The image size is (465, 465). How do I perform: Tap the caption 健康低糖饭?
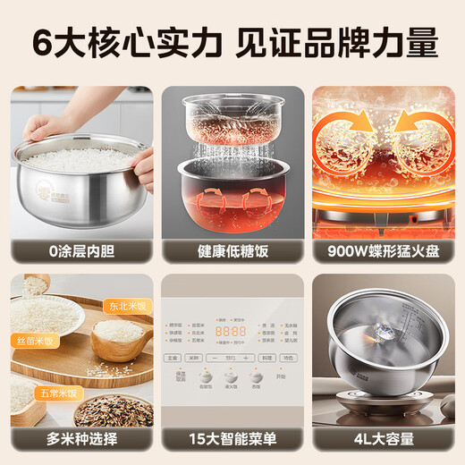pos(232,251)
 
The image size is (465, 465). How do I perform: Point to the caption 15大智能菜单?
pos(232,440)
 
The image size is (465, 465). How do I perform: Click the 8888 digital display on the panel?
pos(232,331)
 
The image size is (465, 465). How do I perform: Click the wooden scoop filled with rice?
pos(116,335)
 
